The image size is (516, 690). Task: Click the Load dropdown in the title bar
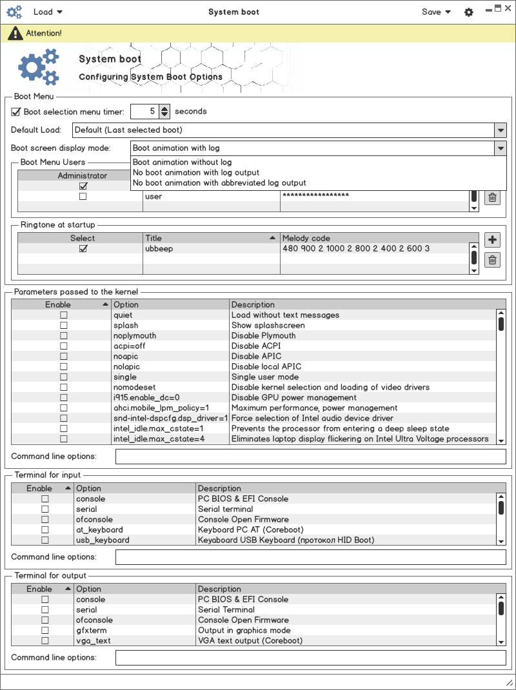(x=47, y=12)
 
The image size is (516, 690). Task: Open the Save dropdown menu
(x=436, y=12)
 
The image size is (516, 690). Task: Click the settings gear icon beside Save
(x=469, y=12)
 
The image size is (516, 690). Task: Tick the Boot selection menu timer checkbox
(x=16, y=112)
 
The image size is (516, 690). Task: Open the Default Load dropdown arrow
(x=501, y=130)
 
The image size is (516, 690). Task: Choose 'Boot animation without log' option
(x=182, y=163)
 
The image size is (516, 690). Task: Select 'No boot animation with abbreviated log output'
(x=219, y=183)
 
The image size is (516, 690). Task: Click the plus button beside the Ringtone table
(x=492, y=241)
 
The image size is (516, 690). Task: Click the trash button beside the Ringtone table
(x=492, y=260)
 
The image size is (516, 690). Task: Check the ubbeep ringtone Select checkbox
(x=83, y=248)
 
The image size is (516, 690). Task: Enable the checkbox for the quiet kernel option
(x=63, y=315)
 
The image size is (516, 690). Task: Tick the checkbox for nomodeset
(x=63, y=388)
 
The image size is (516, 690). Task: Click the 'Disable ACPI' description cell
(x=256, y=346)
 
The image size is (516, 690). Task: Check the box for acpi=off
(x=63, y=346)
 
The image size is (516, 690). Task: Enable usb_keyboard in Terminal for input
(x=45, y=540)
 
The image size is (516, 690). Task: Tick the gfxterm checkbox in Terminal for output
(x=45, y=631)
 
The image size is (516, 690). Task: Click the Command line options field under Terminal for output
(x=310, y=658)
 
